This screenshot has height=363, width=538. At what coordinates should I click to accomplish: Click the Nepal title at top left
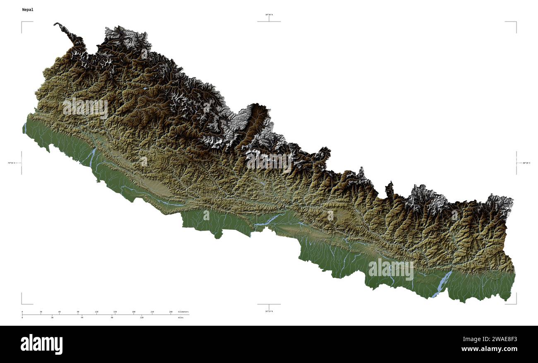(28, 9)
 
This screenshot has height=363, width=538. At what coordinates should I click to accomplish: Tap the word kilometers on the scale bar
(183, 311)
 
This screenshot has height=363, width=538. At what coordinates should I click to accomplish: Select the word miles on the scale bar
(180, 317)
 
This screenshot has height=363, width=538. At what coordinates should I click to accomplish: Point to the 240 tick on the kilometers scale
(171, 311)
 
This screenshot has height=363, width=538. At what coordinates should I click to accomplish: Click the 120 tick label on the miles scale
(142, 317)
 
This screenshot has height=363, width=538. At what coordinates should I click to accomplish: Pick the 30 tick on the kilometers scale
(41, 311)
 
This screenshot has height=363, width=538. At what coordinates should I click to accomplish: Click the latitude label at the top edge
(269, 14)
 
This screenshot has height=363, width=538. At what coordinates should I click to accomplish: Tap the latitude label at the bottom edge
(269, 311)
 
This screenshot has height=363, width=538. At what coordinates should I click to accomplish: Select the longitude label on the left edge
(11, 163)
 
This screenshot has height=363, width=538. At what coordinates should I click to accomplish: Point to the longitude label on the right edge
(526, 163)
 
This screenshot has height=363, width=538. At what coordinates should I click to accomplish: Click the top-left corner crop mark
(22, 22)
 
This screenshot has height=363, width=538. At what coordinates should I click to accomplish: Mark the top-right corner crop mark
(516, 22)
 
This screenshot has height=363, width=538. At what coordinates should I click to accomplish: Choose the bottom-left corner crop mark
(22, 303)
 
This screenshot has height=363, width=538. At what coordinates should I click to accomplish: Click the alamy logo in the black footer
(41, 344)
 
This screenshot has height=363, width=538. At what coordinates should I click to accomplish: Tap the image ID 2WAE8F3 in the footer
(502, 339)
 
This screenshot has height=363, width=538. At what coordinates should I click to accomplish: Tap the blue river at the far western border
(25, 128)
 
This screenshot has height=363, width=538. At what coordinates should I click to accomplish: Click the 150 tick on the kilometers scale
(115, 311)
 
